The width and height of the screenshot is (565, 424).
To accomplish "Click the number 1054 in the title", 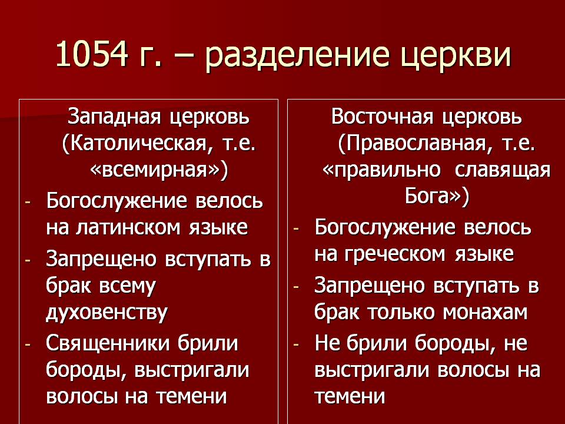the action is (92, 54).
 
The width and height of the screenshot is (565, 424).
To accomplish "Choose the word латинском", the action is (128, 228).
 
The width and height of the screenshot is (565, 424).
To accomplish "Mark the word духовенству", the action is (107, 312).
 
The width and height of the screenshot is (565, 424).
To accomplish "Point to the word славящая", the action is (503, 171).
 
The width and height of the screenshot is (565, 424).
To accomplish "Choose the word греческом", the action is (394, 254).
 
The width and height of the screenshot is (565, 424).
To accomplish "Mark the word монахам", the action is (485, 312).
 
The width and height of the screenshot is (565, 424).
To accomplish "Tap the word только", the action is (401, 312).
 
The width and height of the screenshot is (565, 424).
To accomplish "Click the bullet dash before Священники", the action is (28, 344).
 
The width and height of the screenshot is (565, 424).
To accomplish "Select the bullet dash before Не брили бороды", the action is (296, 344).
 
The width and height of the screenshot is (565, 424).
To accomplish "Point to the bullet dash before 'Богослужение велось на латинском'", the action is (28, 202).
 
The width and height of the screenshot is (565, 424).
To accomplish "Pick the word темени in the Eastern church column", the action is (350, 396).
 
